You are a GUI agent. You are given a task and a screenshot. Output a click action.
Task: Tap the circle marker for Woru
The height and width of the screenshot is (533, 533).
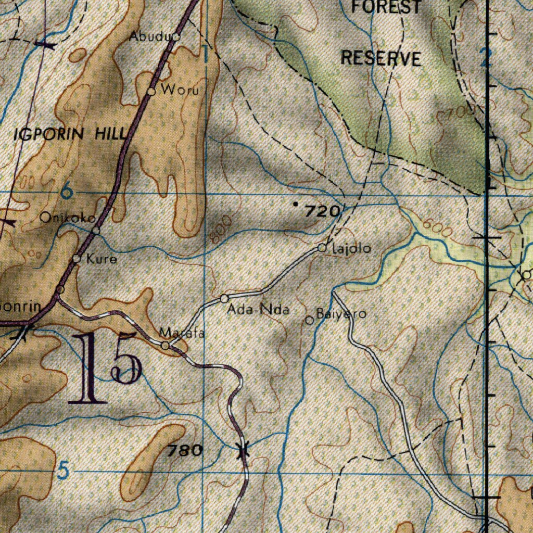point(151,91)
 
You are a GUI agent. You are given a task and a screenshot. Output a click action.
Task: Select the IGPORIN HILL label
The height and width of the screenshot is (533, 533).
point(70,134)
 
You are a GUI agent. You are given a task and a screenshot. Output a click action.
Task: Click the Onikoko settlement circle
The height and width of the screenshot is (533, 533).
point(96,230)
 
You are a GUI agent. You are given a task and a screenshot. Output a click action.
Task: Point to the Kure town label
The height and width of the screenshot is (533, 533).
point(101,259)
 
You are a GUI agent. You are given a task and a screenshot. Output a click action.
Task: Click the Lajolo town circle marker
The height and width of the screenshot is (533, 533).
point(322,248)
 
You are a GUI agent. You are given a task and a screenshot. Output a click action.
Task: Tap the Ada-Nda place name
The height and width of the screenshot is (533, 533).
point(258,310)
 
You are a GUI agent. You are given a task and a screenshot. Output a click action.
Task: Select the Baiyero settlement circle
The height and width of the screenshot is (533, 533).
point(309,321)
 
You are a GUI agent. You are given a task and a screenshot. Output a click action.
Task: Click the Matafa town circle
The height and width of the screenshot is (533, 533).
point(165,346)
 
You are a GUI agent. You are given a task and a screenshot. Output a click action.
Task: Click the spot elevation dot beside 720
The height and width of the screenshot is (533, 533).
point(296,205)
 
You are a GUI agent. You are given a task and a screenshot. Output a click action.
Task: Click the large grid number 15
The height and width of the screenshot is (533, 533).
point(107,369)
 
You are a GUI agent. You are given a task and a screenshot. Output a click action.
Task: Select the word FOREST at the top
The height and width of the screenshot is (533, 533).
point(386,7)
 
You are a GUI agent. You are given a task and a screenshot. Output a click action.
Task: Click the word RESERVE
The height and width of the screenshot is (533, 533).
point(381,58)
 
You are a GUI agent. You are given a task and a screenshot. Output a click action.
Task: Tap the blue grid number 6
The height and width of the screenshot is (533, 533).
point(66,192)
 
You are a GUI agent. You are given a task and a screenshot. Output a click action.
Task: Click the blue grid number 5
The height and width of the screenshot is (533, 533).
point(62,472)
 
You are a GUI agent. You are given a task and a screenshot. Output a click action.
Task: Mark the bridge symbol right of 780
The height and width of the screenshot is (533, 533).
point(242,450)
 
